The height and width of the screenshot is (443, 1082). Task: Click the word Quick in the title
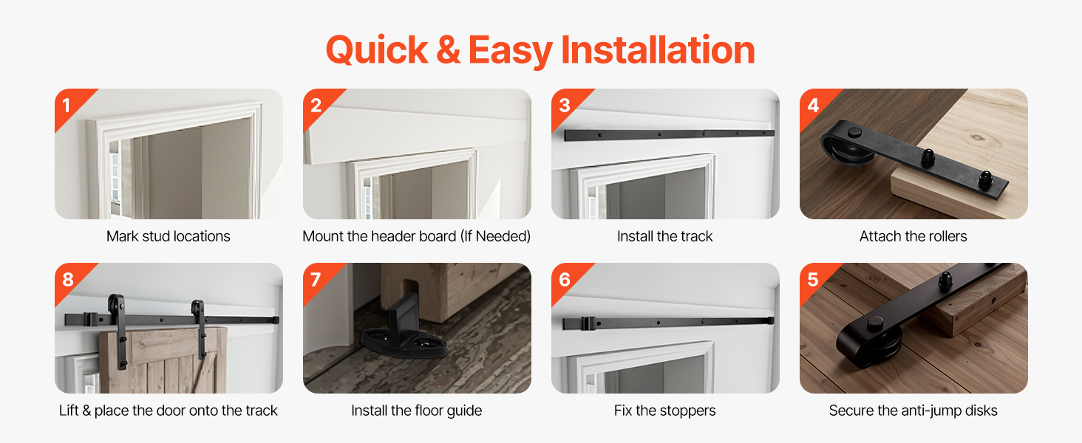coord(377,51)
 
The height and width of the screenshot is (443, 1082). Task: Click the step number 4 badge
coord(812,105)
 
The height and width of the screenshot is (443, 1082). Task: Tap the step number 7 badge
coord(316,279)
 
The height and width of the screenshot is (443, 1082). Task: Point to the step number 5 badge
coord(812,279)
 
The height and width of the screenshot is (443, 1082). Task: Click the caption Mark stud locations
coord(168,236)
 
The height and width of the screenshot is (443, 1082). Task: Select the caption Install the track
coord(664,236)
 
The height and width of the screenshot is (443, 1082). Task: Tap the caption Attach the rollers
coord(913,236)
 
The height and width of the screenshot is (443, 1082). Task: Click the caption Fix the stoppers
coord(664,411)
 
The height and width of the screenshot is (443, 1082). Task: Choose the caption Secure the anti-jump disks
coord(913,411)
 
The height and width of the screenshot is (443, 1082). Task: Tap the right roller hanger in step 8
coord(199,328)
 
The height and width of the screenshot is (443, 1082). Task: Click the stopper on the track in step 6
coord(588,323)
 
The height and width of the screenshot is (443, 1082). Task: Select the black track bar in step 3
coord(670,134)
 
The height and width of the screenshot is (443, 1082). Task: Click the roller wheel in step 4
coord(846,149)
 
